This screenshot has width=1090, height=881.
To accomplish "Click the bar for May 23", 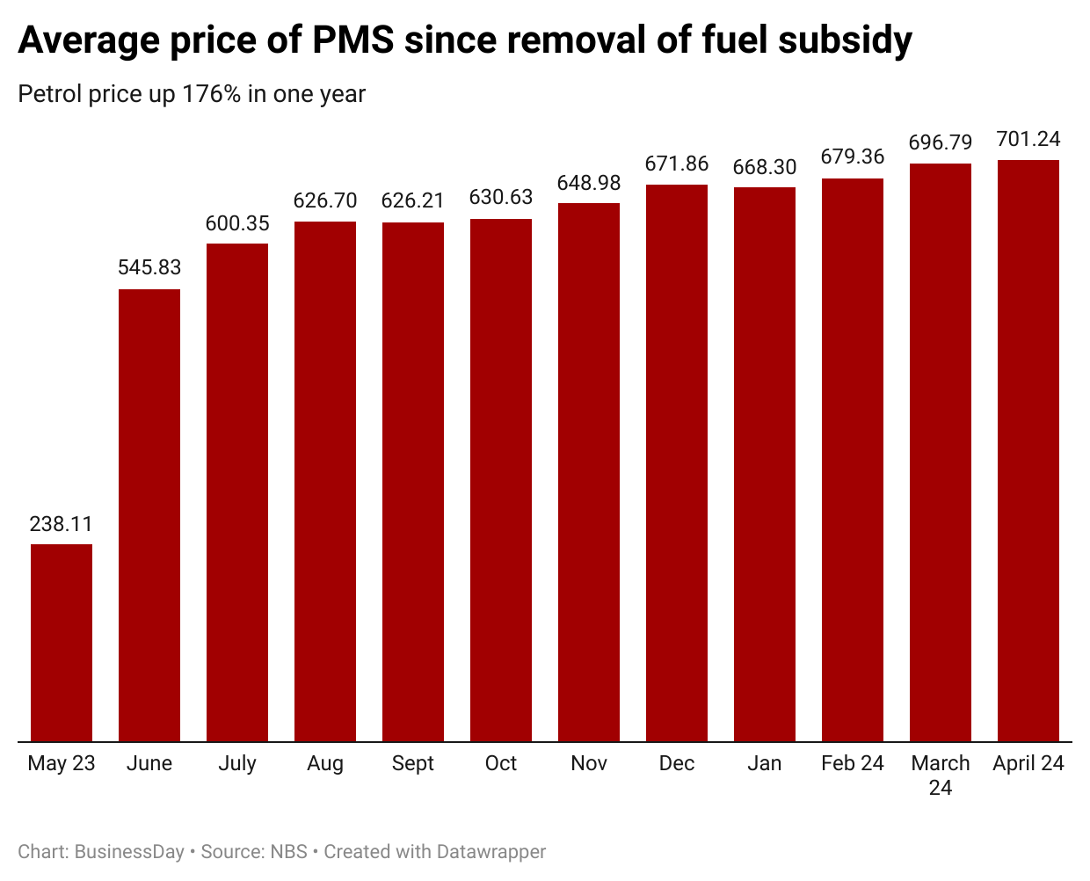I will tap(62, 643).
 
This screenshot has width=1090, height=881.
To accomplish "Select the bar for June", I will tap(149, 515).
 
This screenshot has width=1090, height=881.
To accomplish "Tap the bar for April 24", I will tap(1028, 450).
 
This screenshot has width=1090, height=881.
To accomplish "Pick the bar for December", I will tap(677, 462).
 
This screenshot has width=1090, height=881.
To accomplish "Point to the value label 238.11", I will tap(62, 525).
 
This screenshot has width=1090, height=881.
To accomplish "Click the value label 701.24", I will tap(1028, 140).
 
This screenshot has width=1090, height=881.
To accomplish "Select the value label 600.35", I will tap(237, 224).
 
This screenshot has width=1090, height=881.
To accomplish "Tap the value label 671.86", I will tap(677, 164).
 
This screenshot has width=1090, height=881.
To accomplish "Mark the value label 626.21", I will tap(413, 201).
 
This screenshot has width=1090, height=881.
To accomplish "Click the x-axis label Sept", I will tap(413, 764).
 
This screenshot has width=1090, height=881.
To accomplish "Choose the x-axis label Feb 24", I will tap(853, 764).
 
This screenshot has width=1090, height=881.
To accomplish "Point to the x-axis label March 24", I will tap(941, 775).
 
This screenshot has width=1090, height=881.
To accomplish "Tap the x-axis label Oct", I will tap(501, 764).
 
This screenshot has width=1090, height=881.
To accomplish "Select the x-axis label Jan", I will tap(765, 764).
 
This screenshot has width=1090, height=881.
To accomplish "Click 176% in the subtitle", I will tap(212, 95).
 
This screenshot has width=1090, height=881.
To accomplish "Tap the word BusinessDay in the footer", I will tap(129, 852).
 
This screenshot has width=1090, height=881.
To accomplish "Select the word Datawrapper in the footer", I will tap(491, 852).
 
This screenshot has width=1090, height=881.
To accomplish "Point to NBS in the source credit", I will tap(289, 852).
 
